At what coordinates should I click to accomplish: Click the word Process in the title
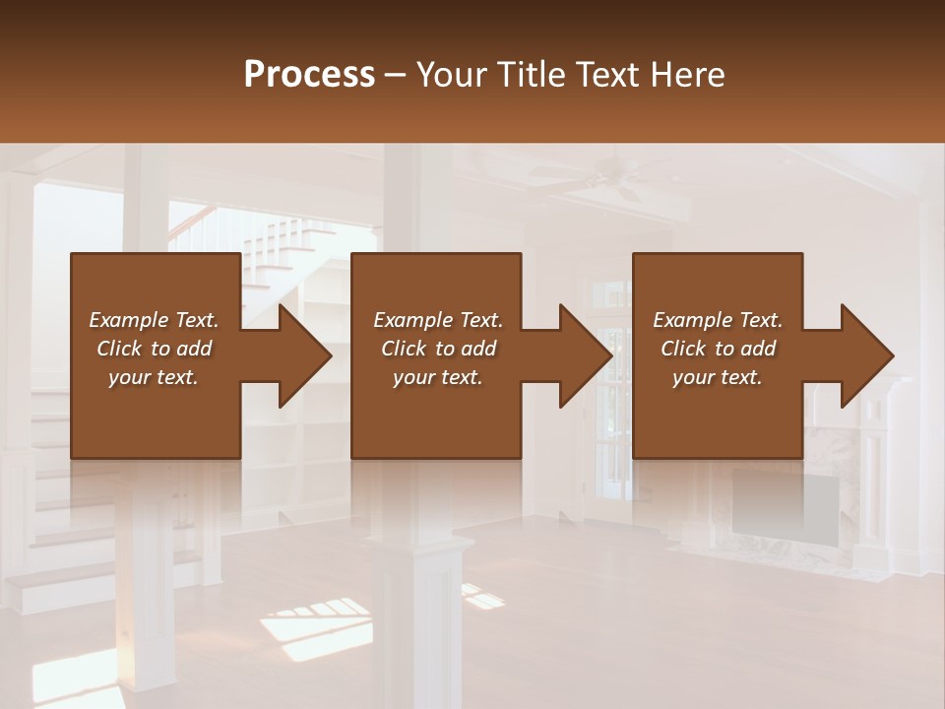pyautogui.click(x=309, y=75)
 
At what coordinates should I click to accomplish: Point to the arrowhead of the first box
pyautogui.click(x=301, y=355)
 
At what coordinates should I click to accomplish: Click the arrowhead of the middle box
pyautogui.click(x=583, y=355)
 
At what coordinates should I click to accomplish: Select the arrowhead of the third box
pyautogui.click(x=864, y=355)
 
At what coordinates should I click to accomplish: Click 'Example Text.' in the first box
pyautogui.click(x=154, y=320)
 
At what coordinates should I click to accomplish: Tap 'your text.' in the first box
pyautogui.click(x=154, y=377)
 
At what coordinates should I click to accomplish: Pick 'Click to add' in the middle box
pyautogui.click(x=438, y=349)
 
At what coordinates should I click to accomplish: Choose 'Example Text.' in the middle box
pyautogui.click(x=438, y=320)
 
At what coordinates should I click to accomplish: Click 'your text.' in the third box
pyautogui.click(x=718, y=377)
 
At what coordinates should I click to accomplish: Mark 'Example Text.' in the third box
pyautogui.click(x=718, y=320)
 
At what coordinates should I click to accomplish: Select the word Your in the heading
pyautogui.click(x=450, y=75)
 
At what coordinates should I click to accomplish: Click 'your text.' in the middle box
pyautogui.click(x=438, y=377)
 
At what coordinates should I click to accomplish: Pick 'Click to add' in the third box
pyautogui.click(x=718, y=349)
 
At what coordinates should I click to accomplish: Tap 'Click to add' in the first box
pyautogui.click(x=154, y=349)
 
